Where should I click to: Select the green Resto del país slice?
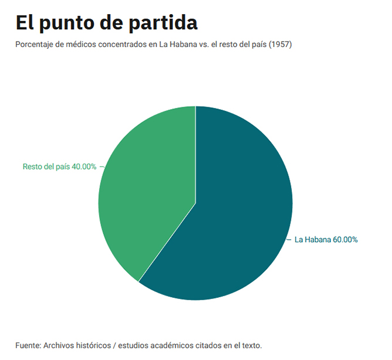147,188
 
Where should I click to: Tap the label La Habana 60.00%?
326,239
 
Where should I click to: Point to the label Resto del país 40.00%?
59,167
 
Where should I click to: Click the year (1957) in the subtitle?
280,45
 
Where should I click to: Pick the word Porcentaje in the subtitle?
36,45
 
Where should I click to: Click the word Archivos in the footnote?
60,345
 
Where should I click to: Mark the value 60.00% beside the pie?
345,239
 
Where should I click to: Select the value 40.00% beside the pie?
84,167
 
